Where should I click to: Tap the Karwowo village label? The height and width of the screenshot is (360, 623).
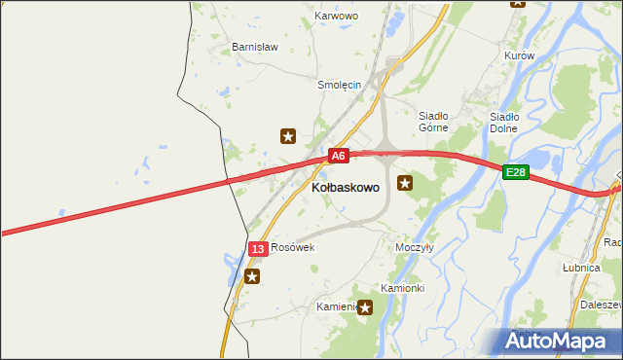tap(337, 17)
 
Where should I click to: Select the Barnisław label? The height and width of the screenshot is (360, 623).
tap(255, 46)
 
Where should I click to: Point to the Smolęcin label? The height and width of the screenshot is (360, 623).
tap(340, 85)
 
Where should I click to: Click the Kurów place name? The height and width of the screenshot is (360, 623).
tap(520, 56)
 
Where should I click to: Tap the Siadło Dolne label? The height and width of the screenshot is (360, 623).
tap(503, 122)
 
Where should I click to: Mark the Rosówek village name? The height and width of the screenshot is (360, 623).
tap(293, 247)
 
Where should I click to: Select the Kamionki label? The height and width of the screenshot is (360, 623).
tap(402, 288)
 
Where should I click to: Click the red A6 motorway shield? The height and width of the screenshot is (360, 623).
tap(337, 156)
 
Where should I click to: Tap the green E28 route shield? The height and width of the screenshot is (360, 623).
tap(516, 172)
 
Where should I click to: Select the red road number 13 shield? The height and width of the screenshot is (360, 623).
tap(257, 249)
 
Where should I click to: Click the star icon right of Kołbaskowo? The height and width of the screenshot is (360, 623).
tap(405, 182)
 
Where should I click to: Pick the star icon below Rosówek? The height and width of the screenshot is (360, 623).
tap(252, 276)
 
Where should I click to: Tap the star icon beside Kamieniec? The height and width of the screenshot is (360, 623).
tap(365, 308)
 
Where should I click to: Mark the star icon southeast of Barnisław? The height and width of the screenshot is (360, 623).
tap(288, 136)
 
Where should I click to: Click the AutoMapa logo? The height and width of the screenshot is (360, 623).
tap(560, 340)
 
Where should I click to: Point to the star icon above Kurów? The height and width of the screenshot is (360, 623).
tap(517, 3)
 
